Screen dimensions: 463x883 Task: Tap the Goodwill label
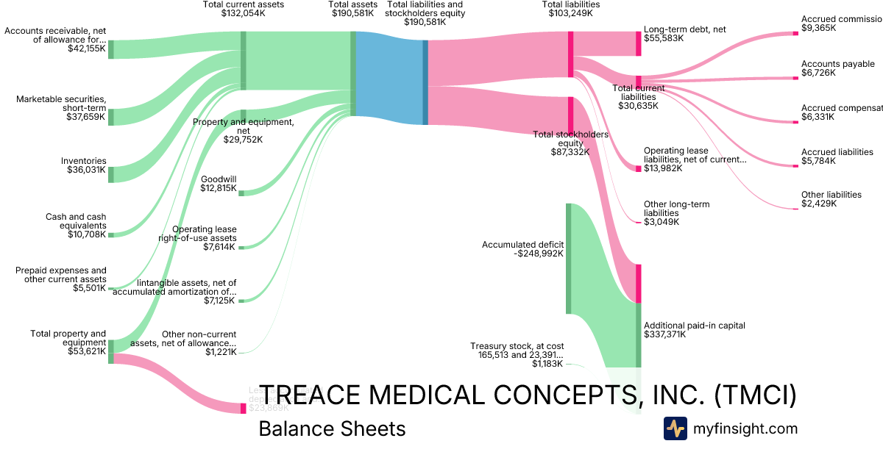(x=219, y=179)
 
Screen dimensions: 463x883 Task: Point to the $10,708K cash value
(x=86, y=234)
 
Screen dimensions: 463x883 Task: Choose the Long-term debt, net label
(x=684, y=29)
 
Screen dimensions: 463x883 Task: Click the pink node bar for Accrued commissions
(x=795, y=33)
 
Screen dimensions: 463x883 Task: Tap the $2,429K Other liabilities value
(x=818, y=204)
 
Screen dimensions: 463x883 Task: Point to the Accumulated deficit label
(x=522, y=245)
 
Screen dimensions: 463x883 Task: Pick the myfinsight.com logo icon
(x=675, y=428)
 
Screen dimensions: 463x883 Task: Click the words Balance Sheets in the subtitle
(x=332, y=428)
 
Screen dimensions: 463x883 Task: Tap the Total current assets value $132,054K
(x=244, y=13)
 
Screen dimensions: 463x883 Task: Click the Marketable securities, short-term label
(x=62, y=104)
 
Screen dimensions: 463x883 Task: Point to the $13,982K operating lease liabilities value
(x=663, y=168)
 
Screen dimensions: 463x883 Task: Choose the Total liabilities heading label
(x=570, y=4)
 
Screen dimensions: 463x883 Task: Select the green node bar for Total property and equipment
(x=111, y=351)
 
